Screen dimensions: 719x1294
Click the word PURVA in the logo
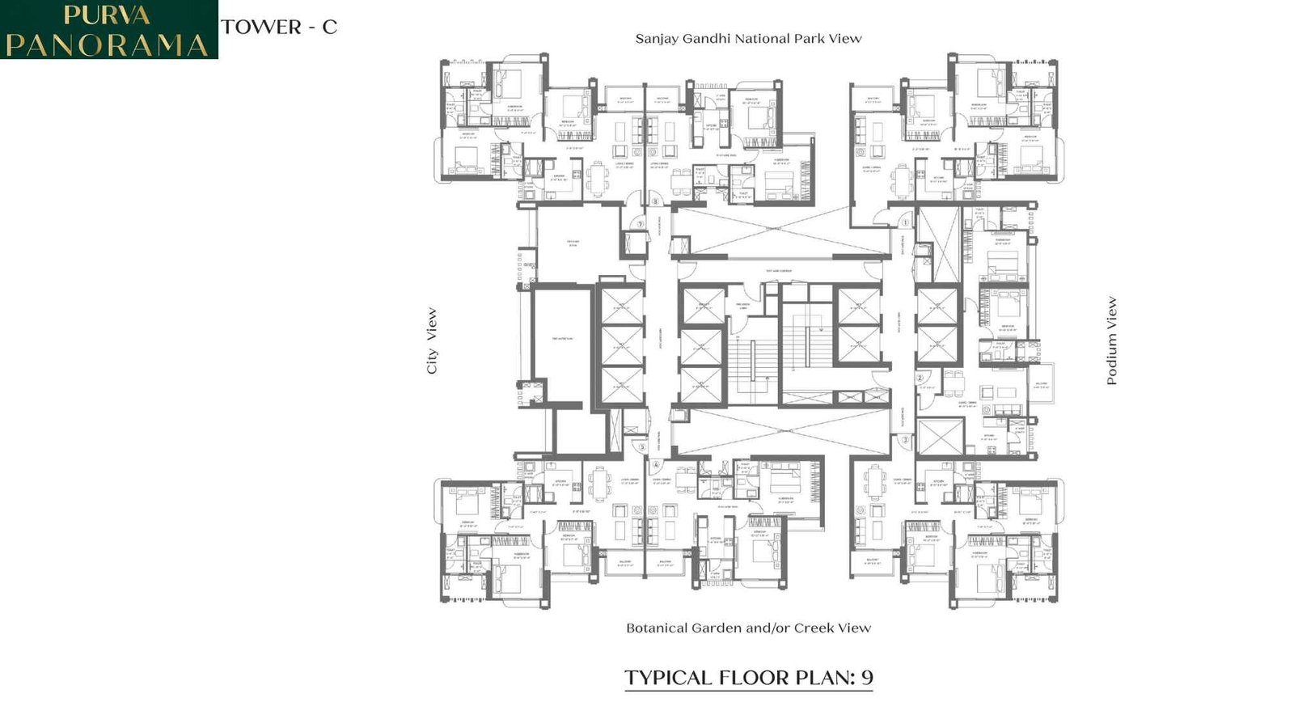click(107, 15)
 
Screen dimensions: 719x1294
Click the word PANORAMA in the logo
click(108, 44)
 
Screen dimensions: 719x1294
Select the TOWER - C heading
click(279, 27)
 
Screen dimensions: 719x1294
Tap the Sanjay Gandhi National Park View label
click(748, 39)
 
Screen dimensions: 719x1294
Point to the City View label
click(432, 340)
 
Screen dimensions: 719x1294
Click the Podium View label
click(1111, 340)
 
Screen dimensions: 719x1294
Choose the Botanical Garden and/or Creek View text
click(748, 628)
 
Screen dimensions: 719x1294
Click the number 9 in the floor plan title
click(866, 678)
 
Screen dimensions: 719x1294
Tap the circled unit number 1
click(905, 222)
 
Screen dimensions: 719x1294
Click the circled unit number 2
click(920, 378)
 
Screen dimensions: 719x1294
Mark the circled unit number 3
click(905, 440)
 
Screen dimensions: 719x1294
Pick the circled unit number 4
click(656, 465)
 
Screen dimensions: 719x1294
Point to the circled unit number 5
click(643, 446)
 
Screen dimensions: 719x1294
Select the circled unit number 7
click(640, 224)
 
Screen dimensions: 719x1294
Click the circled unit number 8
click(655, 201)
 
